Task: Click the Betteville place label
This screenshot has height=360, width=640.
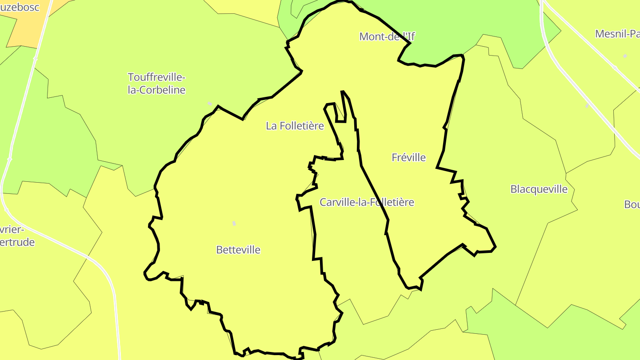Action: (x=238, y=250)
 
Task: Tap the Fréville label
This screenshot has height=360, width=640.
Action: (x=408, y=157)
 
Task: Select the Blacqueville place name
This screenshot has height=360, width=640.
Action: (x=539, y=189)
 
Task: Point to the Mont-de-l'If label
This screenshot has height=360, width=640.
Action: (x=387, y=36)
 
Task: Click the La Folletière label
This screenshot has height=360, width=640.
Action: (x=295, y=126)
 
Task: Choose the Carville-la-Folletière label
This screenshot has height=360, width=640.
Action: (x=367, y=202)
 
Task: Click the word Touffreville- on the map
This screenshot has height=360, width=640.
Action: (x=156, y=77)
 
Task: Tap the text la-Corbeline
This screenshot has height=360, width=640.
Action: (x=156, y=90)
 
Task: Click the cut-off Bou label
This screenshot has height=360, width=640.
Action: (x=632, y=204)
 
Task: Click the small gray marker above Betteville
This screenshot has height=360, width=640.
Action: (x=234, y=223)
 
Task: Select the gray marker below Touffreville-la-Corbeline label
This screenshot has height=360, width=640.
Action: (x=210, y=104)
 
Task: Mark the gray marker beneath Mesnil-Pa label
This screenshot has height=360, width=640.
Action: (x=625, y=56)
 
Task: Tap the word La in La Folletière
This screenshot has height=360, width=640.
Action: (x=271, y=126)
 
